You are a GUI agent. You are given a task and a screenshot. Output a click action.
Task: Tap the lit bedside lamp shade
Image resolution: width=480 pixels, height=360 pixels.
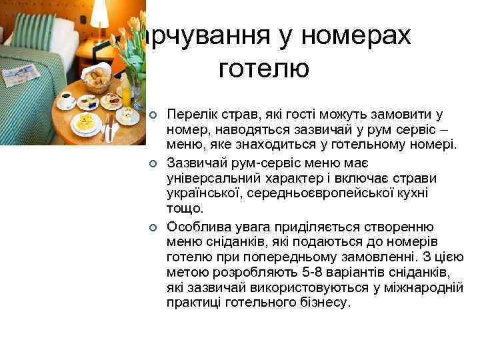tap(99, 13)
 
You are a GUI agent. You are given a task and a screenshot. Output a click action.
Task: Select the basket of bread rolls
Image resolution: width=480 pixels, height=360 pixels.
tap(99, 78)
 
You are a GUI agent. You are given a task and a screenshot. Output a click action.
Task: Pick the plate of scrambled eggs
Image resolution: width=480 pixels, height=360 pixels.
tap(86, 123)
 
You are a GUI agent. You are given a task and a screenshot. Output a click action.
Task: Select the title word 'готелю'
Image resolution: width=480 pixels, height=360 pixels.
tap(263, 68)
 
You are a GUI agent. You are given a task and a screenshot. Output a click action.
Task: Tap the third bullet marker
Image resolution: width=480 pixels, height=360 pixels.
tap(153, 227)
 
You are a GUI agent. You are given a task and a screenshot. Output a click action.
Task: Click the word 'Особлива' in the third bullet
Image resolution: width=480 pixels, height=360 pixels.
tap(194, 227)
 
